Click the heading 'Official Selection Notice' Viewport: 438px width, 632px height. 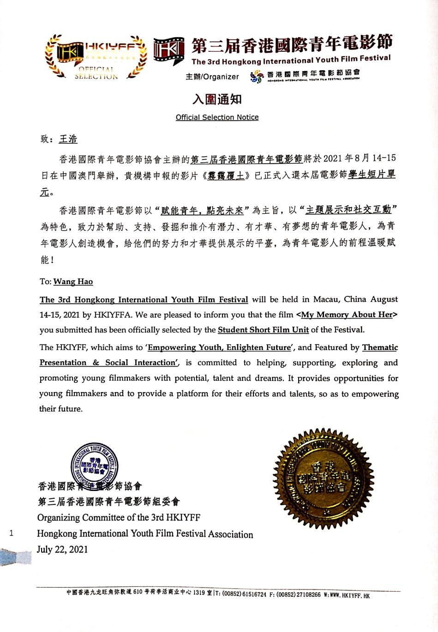(x=217, y=117)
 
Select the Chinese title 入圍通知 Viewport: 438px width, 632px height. (x=217, y=99)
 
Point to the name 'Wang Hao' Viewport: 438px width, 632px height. (x=73, y=282)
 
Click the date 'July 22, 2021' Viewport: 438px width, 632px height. (x=62, y=550)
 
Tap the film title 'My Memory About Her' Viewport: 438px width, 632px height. (x=347, y=315)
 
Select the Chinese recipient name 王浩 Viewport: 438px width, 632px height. (x=68, y=139)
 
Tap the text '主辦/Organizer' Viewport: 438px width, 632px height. (x=212, y=77)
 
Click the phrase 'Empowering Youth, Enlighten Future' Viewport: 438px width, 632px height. (x=219, y=347)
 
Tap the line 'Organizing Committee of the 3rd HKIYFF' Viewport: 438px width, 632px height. (x=119, y=517)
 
